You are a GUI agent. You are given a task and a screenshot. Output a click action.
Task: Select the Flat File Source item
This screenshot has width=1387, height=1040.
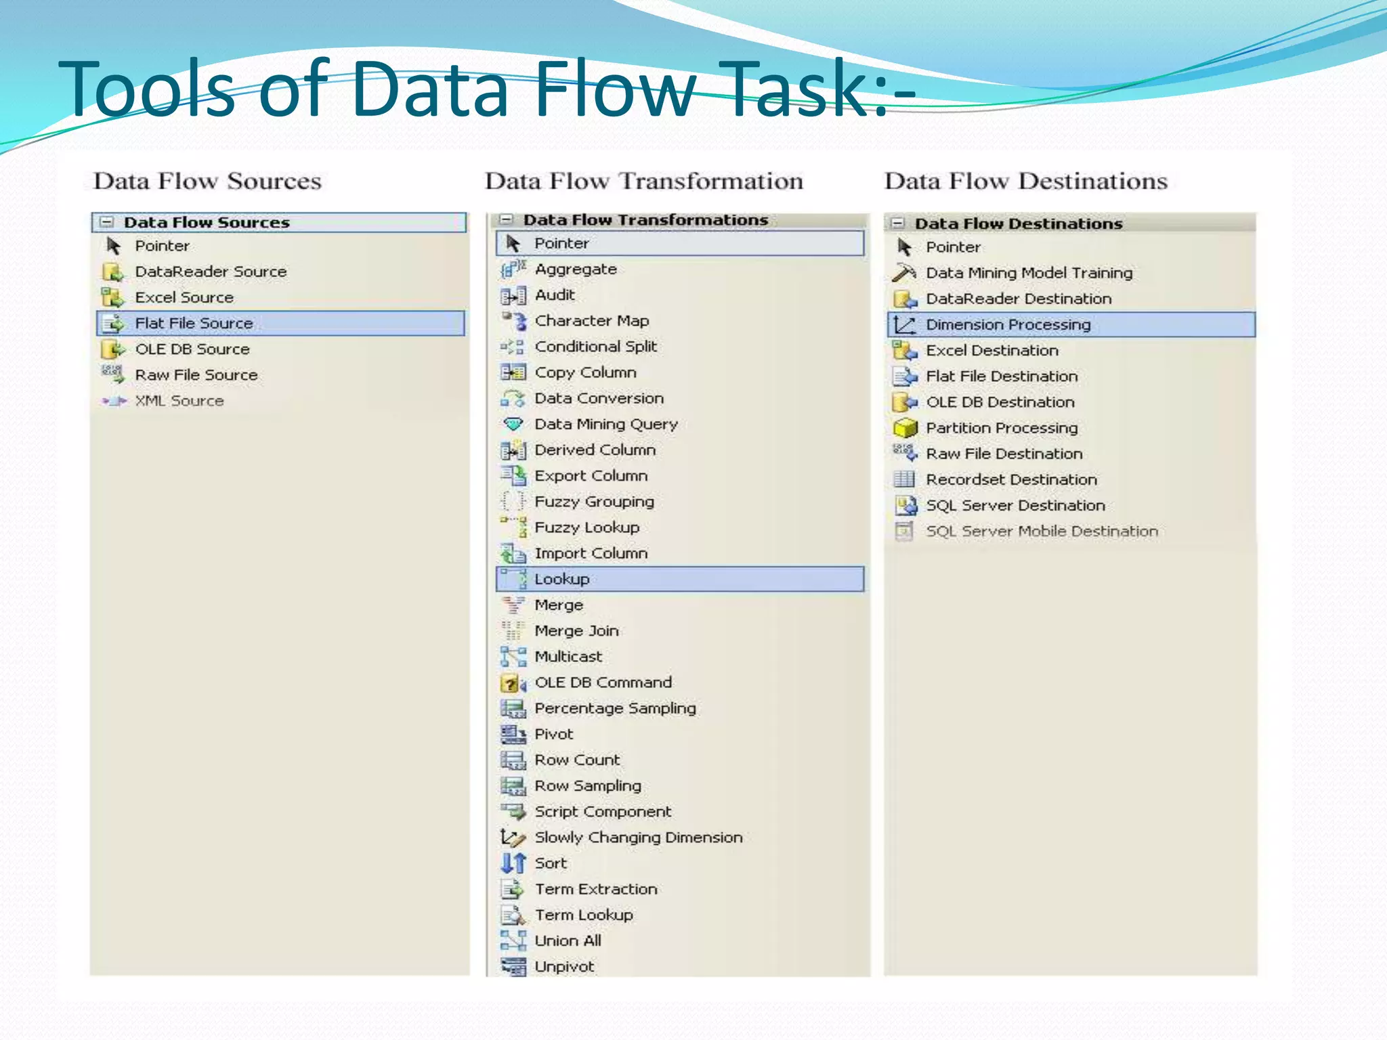tap(194, 324)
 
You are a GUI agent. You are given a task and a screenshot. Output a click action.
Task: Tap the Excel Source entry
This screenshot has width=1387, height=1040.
tap(184, 298)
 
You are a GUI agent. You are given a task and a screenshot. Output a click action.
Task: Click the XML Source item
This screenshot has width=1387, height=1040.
tap(179, 401)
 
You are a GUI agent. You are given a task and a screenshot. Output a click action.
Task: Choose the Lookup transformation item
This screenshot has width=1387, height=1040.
tap(561, 580)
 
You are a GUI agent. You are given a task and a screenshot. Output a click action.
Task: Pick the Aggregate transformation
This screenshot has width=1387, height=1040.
tap(576, 269)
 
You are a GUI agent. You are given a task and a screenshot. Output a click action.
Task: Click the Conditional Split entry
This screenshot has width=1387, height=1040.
tap(595, 347)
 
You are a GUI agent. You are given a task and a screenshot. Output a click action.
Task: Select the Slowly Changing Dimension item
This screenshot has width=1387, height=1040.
tap(638, 838)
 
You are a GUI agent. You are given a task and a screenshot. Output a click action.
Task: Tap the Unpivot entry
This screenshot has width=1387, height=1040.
tap(564, 967)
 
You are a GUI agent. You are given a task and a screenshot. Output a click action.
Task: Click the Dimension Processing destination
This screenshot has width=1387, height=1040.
tap(1008, 325)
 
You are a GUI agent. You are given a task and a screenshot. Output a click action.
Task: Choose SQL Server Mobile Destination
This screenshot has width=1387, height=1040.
tap(1042, 532)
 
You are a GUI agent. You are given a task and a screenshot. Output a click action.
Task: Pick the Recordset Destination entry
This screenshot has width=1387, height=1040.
tap(1011, 480)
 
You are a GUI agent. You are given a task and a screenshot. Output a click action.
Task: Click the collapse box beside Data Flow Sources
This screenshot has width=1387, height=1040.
tap(107, 222)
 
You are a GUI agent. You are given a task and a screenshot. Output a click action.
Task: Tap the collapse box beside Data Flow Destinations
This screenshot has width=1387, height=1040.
tap(898, 223)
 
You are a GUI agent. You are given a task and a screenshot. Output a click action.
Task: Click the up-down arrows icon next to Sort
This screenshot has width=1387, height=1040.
tap(513, 863)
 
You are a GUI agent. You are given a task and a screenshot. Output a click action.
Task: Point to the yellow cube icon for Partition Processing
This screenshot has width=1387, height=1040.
tap(905, 429)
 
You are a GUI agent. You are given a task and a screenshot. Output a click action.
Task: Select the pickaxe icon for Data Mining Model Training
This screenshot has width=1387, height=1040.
tap(904, 273)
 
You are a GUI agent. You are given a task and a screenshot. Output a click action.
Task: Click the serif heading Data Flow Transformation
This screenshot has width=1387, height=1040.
tap(643, 181)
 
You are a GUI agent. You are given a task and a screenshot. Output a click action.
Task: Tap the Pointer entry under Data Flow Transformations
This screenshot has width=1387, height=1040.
tap(561, 244)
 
